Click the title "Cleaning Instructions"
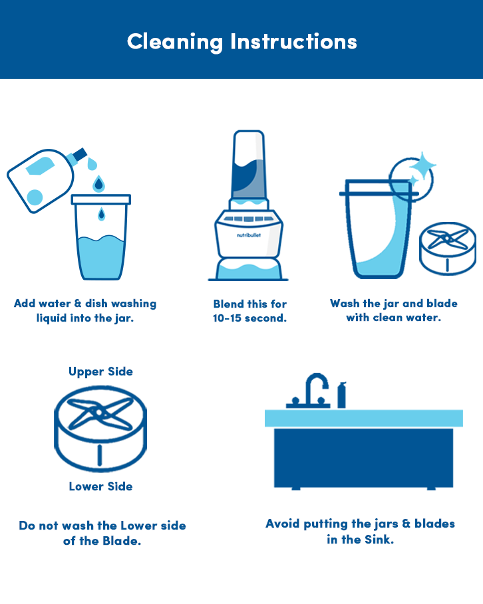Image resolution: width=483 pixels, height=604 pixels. [242, 42]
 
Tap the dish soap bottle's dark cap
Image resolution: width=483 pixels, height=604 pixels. [80, 154]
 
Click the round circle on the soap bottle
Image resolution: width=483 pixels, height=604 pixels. [35, 197]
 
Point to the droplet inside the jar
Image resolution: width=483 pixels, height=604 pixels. [101, 214]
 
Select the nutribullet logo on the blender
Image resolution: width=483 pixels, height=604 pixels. [248, 235]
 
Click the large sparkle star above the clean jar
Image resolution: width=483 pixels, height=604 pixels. [422, 165]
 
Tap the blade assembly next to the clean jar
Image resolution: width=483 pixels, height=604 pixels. [448, 248]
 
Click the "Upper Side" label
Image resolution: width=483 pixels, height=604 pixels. [100, 371]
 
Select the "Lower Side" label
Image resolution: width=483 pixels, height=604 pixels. [100, 486]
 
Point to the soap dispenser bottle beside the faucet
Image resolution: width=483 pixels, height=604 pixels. [342, 395]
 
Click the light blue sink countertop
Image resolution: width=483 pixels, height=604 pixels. [363, 419]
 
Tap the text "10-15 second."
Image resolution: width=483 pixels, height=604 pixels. [249, 318]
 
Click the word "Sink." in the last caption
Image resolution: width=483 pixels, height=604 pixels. [379, 540]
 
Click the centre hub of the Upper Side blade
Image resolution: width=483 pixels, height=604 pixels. [99, 413]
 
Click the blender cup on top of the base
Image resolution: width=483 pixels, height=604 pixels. [249, 165]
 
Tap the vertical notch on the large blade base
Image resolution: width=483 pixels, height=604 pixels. [100, 454]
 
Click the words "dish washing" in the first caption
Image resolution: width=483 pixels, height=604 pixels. [120, 304]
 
